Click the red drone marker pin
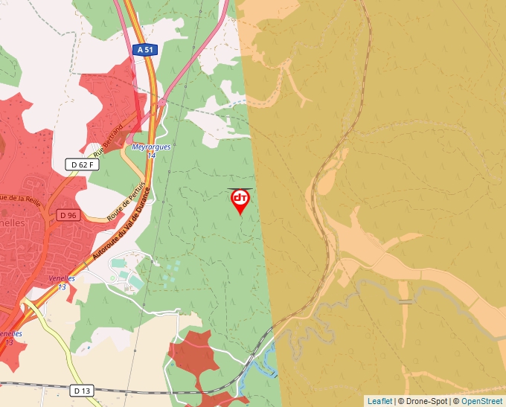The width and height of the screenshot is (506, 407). click(x=240, y=200)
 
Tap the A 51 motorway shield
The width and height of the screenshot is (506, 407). click(x=144, y=50)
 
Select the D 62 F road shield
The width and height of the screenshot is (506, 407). click(x=81, y=164)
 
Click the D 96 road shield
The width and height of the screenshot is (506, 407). click(x=68, y=215)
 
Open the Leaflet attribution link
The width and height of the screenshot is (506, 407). click(x=379, y=401)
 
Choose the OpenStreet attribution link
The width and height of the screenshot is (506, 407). click(x=481, y=401)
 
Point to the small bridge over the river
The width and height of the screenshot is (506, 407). click(x=405, y=301)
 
